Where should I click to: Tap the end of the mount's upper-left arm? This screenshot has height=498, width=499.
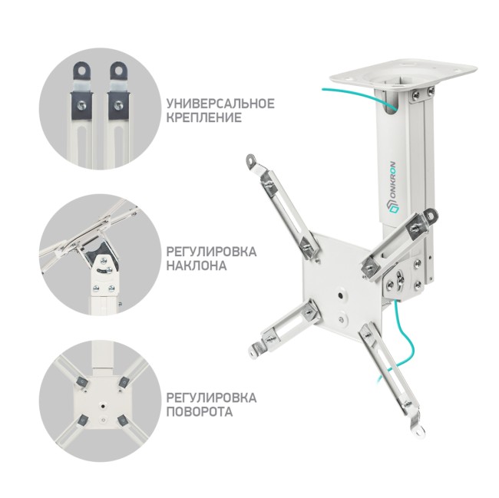click(x=250, y=161)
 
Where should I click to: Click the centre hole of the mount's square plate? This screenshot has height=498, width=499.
click(x=339, y=293)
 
